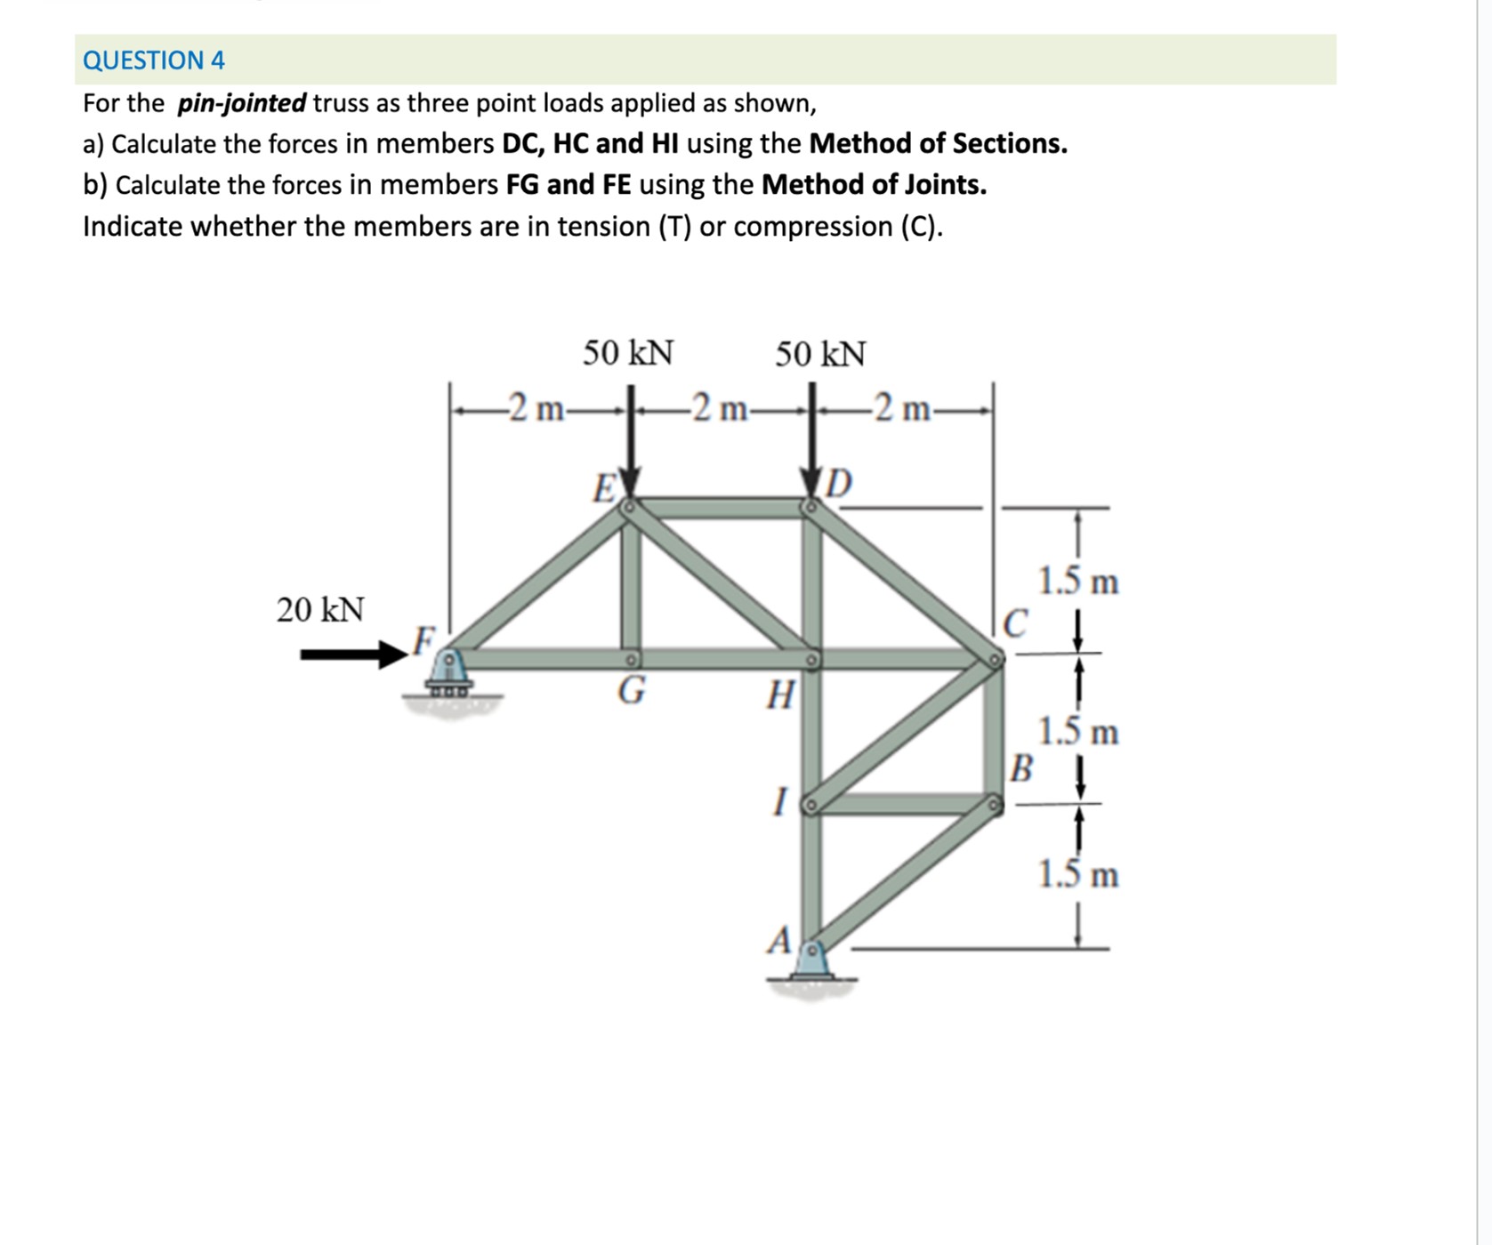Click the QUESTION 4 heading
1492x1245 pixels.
[x=153, y=60]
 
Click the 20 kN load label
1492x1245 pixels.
[x=320, y=610]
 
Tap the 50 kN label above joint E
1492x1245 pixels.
[x=628, y=353]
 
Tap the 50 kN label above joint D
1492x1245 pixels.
[x=819, y=354]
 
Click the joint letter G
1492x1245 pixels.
[x=631, y=690]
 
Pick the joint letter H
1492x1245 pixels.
[x=780, y=695]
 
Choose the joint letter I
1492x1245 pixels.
[x=780, y=803]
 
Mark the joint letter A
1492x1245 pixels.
[x=779, y=940]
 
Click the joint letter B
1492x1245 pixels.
[x=1021, y=768]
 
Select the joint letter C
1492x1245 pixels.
[x=1015, y=623]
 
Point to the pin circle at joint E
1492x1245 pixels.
[x=628, y=507]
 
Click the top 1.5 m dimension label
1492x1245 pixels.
[x=1078, y=582]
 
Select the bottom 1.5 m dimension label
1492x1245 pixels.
[x=1078, y=875]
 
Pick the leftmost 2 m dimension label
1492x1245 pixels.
[x=534, y=409]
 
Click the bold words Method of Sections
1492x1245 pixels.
[x=938, y=143]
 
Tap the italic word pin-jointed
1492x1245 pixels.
[x=242, y=103]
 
